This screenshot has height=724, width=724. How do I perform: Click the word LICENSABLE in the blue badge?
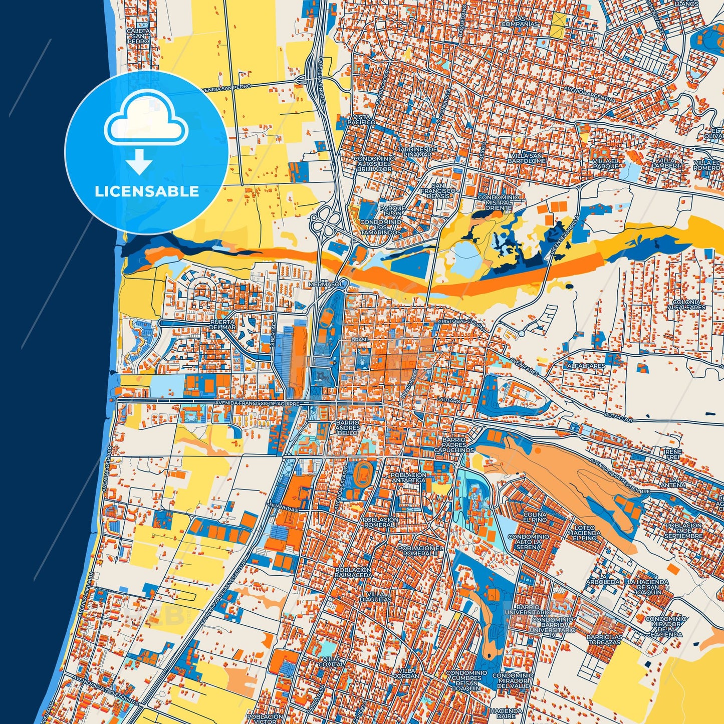[146, 191]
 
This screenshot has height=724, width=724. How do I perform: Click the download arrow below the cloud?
[139, 162]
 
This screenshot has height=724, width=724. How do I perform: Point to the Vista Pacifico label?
[361, 119]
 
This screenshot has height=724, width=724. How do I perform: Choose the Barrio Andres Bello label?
[347, 427]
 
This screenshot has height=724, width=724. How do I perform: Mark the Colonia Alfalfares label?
[686, 305]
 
